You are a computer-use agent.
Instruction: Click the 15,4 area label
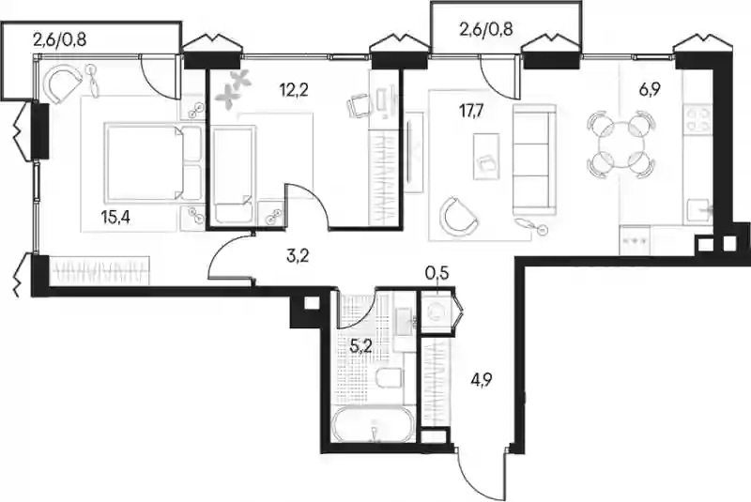(x=116, y=218)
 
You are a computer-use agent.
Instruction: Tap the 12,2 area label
(x=294, y=89)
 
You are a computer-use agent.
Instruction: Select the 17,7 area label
(x=471, y=113)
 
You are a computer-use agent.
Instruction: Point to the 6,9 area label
(x=650, y=89)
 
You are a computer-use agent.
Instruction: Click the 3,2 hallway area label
(x=297, y=256)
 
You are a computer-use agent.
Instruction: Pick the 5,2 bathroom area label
(x=361, y=346)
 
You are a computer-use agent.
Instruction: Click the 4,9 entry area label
(x=482, y=380)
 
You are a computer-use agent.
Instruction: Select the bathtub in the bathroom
(x=373, y=425)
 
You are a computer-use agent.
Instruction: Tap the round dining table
(x=621, y=145)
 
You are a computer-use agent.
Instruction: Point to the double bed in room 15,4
(x=153, y=162)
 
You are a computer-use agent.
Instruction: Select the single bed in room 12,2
(x=232, y=175)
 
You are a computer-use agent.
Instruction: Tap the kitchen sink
(x=699, y=210)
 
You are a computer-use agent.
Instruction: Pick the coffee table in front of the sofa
(x=486, y=157)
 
